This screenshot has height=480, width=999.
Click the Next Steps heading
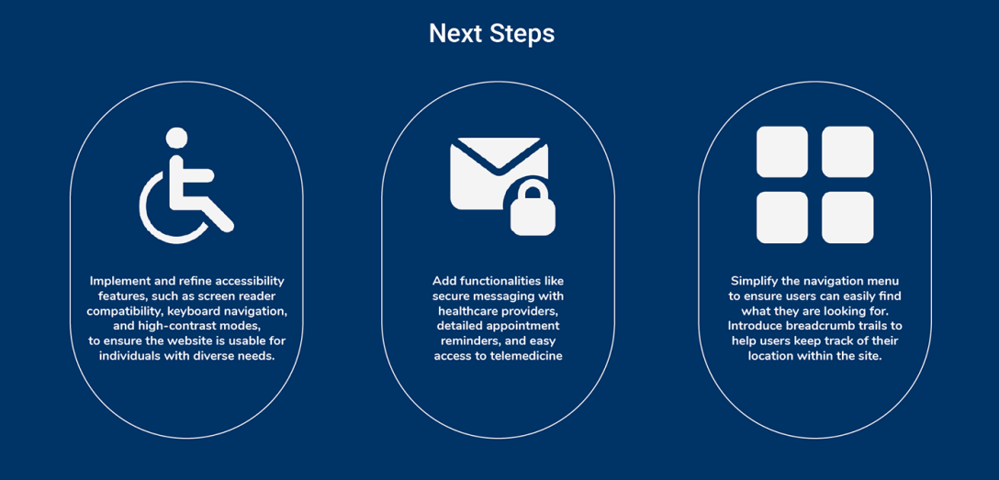click(492, 34)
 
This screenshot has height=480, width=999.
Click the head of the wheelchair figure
click(176, 139)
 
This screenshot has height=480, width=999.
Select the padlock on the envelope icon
click(533, 208)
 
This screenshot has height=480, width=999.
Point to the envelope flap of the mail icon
click(499, 152)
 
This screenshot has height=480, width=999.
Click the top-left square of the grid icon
click(781, 151)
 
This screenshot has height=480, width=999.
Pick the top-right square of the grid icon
click(847, 151)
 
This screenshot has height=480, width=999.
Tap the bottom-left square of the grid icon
click(781, 218)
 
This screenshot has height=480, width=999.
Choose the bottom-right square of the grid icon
click(847, 218)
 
